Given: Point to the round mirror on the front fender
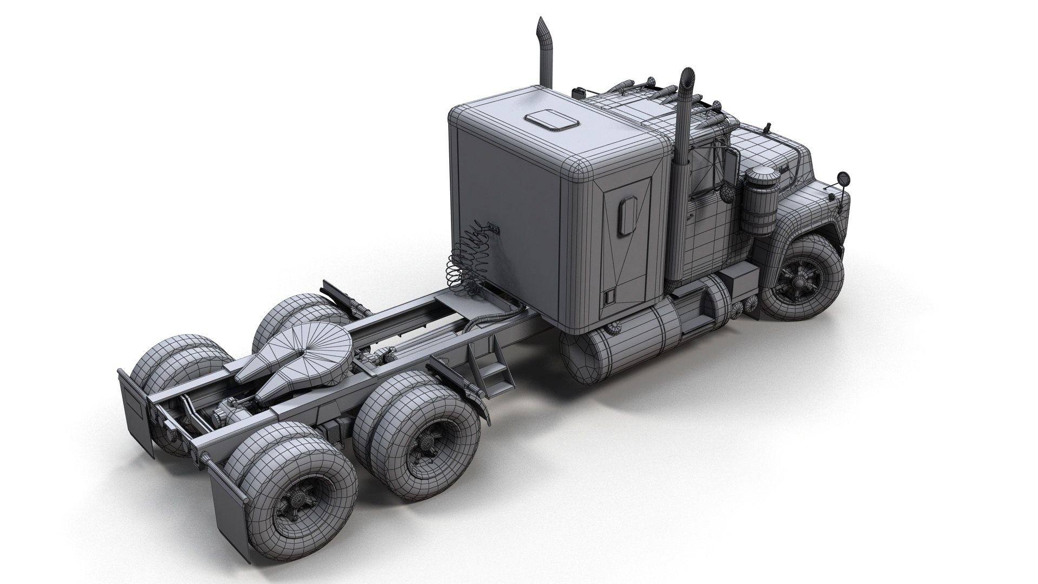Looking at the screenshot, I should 843,178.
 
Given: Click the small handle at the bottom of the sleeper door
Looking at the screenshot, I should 609,296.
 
